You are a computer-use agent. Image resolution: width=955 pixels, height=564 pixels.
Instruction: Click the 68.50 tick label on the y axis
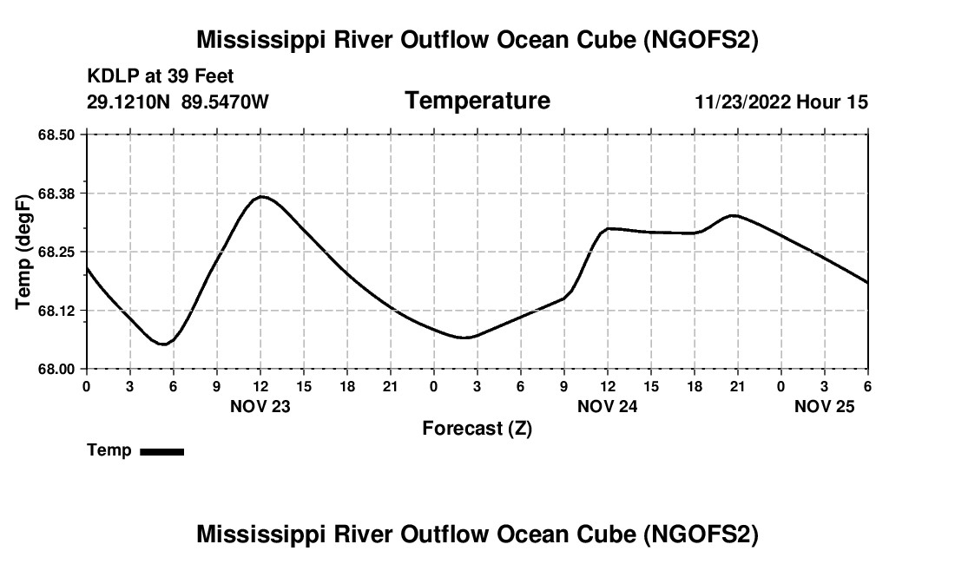click(x=56, y=134)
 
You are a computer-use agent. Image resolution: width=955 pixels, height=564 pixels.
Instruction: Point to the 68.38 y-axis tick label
click(x=56, y=193)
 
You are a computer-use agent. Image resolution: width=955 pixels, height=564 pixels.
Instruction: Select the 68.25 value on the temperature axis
click(x=56, y=252)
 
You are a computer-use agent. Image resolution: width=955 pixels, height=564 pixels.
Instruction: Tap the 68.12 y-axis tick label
click(x=56, y=311)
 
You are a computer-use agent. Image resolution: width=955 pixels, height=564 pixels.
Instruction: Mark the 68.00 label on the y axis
click(x=56, y=369)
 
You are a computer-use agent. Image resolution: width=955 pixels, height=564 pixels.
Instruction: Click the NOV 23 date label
click(x=260, y=406)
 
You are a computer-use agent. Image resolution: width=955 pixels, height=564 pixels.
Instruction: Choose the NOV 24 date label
click(x=608, y=406)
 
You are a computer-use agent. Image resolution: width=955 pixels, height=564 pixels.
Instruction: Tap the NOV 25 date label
click(x=825, y=406)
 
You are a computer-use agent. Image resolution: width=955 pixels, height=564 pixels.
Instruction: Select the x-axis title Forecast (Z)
click(x=477, y=429)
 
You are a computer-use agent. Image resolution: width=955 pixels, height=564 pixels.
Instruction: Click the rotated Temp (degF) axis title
click(x=24, y=252)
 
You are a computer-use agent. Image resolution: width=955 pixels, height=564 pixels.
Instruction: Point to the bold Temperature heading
click(x=477, y=101)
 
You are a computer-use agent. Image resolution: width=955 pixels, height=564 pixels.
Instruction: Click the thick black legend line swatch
click(x=162, y=451)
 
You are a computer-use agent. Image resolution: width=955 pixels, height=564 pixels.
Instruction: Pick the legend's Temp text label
click(x=109, y=450)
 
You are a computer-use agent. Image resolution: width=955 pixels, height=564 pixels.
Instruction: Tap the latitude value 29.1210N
click(x=129, y=102)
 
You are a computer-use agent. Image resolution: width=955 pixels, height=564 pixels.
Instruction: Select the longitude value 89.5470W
click(x=225, y=102)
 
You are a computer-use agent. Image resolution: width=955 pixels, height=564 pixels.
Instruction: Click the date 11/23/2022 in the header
click(x=743, y=102)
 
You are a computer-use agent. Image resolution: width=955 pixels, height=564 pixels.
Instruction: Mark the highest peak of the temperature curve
click(x=261, y=197)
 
